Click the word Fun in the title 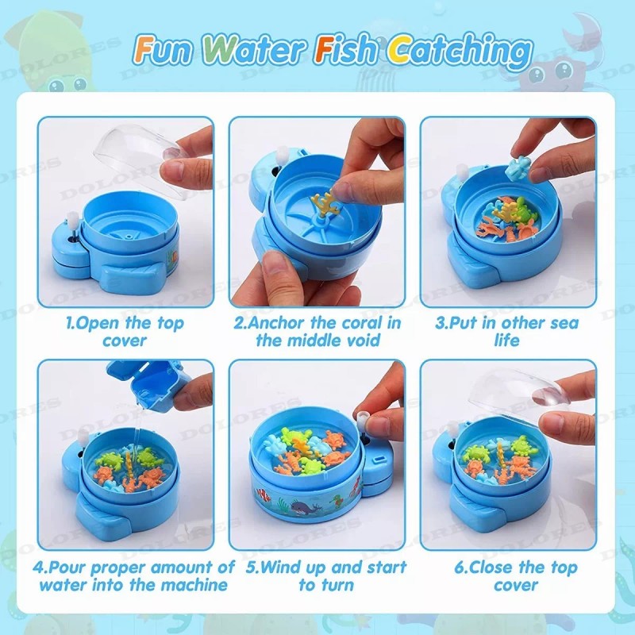coord(163,49)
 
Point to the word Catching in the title coord(460,52)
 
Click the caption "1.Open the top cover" coord(125,331)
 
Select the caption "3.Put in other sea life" coord(507,331)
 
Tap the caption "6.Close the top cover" coord(515,576)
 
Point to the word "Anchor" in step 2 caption coord(275,323)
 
